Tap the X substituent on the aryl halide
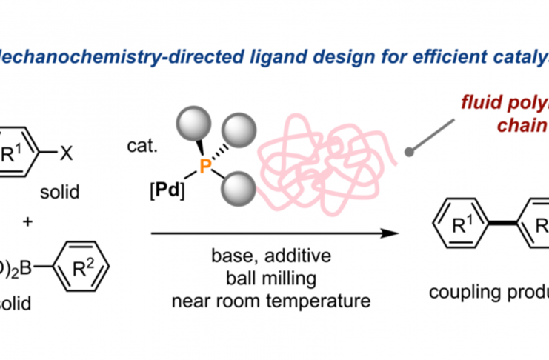tap(67, 136)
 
